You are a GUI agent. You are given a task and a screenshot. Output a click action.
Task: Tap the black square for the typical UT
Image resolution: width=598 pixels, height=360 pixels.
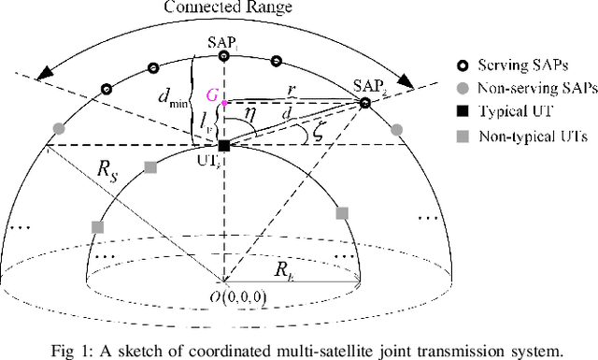224,145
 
